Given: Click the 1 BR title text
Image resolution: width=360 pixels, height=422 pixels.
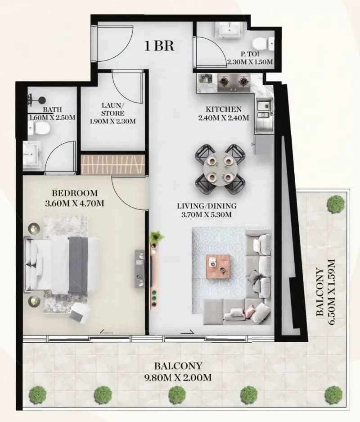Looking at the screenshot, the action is point(159,46).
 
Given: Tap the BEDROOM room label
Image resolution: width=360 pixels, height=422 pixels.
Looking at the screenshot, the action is point(74,193).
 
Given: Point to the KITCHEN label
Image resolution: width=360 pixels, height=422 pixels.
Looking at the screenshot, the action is point(224,109).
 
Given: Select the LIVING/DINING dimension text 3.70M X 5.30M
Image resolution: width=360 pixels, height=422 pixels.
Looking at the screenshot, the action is point(206,215).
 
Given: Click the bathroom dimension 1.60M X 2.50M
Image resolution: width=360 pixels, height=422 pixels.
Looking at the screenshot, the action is point(52,118).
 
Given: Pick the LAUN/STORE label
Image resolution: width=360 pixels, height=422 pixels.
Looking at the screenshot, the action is point(112,109).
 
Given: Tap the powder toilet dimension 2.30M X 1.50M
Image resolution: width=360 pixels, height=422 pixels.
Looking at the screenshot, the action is point(250,62).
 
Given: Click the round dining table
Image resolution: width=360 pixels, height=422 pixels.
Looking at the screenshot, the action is point(220,169).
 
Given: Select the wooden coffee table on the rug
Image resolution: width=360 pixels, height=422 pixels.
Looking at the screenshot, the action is point(218,267).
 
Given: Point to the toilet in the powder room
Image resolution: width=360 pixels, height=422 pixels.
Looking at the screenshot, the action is point(264,43).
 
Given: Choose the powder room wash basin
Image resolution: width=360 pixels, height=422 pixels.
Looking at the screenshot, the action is point(229,29).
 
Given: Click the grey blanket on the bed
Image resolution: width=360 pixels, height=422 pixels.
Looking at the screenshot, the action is point(78,266).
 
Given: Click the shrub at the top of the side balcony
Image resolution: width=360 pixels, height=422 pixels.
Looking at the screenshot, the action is point(336,204).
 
